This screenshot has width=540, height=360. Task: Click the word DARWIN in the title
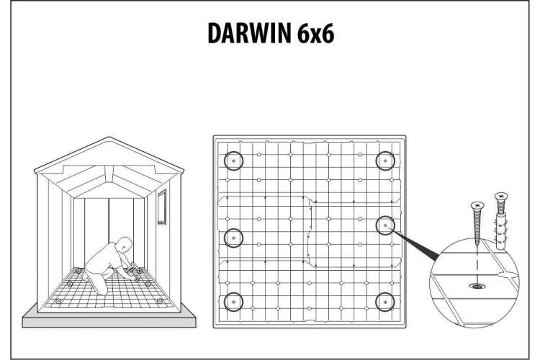click(x=249, y=33)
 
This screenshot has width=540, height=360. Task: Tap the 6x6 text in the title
click(x=316, y=33)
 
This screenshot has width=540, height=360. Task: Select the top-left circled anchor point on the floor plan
click(x=233, y=161)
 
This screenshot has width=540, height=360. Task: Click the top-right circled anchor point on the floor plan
click(x=385, y=161)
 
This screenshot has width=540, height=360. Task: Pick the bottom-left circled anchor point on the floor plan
click(x=233, y=302)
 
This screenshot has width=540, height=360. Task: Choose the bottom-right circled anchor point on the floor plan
click(x=385, y=302)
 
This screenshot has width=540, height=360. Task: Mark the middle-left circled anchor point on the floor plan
click(x=233, y=238)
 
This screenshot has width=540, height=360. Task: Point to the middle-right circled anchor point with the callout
click(x=385, y=225)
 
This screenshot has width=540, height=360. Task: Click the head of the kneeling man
click(x=125, y=244)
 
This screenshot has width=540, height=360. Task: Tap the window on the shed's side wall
click(x=162, y=207)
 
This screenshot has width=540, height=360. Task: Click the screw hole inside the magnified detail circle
click(x=477, y=286)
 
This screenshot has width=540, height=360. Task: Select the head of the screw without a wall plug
click(x=477, y=206)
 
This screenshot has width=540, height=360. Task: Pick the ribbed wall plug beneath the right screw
click(x=500, y=229)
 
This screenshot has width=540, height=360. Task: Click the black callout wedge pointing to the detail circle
click(x=415, y=246)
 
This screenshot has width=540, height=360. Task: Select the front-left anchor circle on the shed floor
click(x=58, y=302)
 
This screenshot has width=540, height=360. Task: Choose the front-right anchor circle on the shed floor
click(x=159, y=302)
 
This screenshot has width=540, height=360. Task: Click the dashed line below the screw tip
click(x=477, y=264)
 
